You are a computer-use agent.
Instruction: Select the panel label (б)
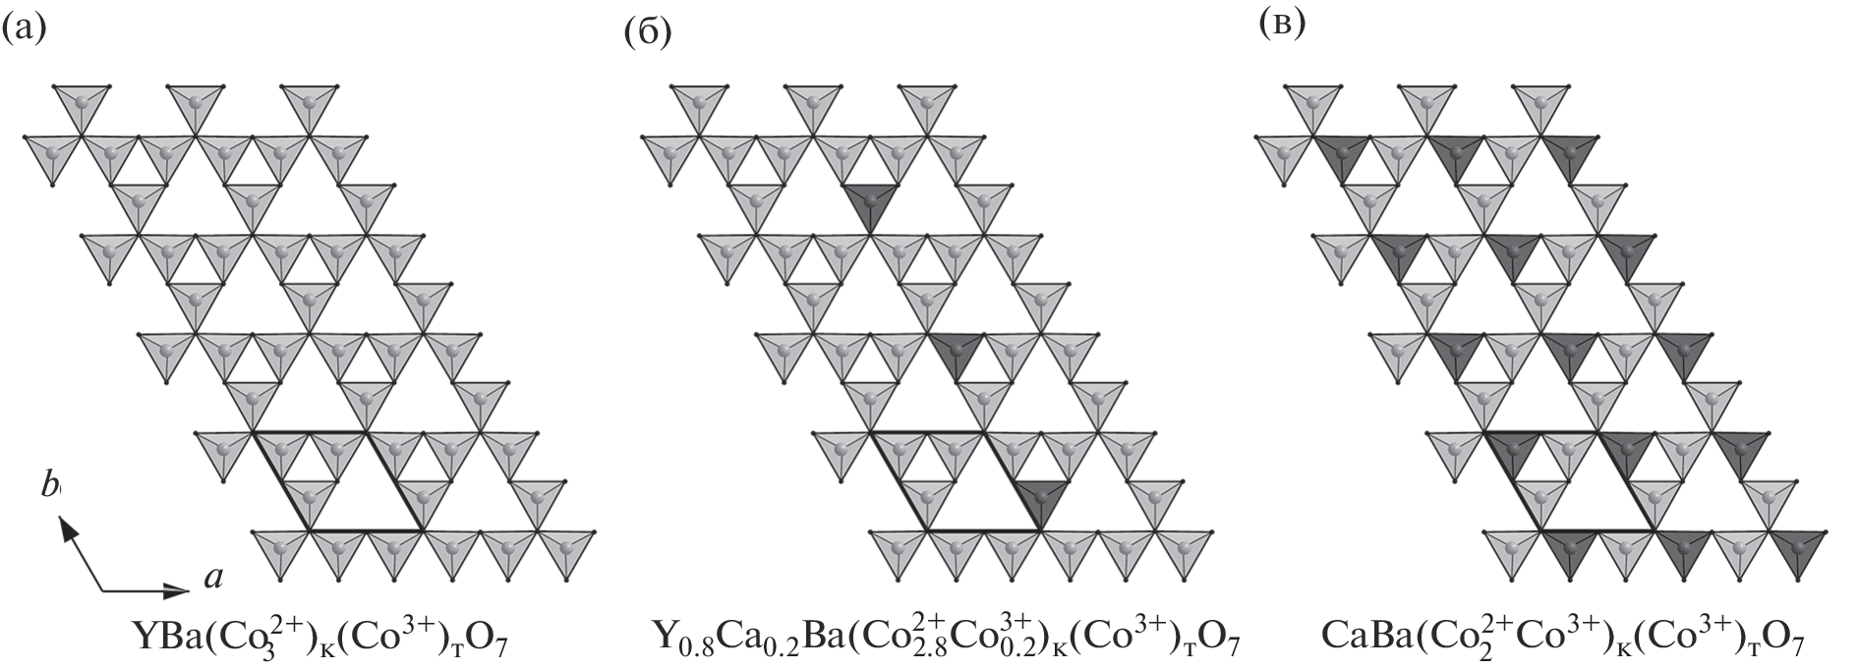647,33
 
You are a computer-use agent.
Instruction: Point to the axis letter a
211,579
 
